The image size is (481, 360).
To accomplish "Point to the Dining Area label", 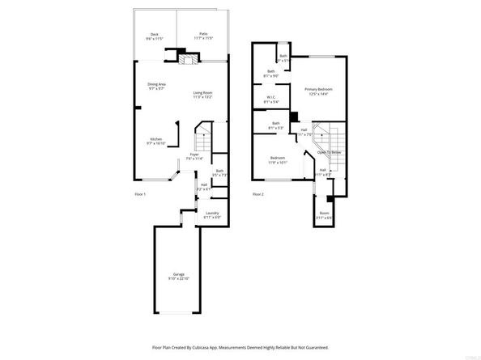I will tap(157, 86).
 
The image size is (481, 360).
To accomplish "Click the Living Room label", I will tap(202, 94).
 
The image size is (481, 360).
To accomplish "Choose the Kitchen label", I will tap(155, 141).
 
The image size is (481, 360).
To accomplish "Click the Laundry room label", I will tap(211, 214).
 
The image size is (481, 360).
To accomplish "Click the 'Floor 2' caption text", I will tap(258, 194).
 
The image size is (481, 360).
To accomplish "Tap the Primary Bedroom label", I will tap(318, 91).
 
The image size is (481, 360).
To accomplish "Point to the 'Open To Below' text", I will tap(328, 151).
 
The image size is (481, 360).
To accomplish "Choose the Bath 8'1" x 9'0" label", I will tap(272, 74).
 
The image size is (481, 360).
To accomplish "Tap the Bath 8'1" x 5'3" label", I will tap(276, 125).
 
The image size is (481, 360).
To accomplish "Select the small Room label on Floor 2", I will tap(324, 215).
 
